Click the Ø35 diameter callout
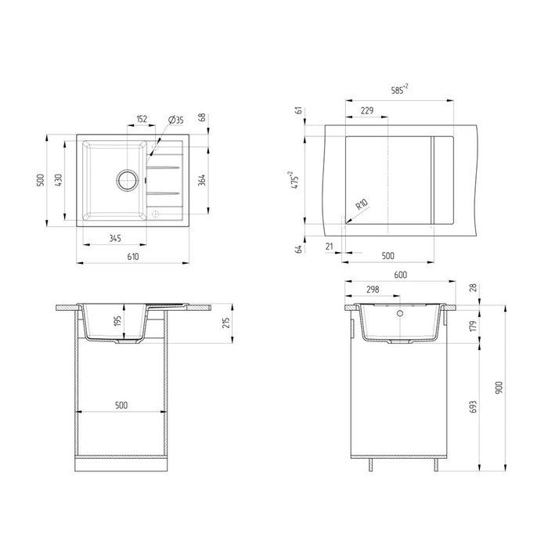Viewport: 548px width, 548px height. tap(176, 120)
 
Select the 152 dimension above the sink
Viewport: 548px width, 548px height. tap(142, 119)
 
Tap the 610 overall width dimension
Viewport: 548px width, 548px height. tap(133, 257)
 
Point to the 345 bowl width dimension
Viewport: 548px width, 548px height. tap(115, 238)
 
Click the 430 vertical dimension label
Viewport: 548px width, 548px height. tap(59, 180)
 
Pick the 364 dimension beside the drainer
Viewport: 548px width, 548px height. tap(202, 180)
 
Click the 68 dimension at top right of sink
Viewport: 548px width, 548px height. tap(202, 117)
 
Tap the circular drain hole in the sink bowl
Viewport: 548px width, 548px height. tap(127, 180)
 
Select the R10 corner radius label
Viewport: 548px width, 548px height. tap(362, 204)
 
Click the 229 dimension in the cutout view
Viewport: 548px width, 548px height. tap(367, 110)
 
